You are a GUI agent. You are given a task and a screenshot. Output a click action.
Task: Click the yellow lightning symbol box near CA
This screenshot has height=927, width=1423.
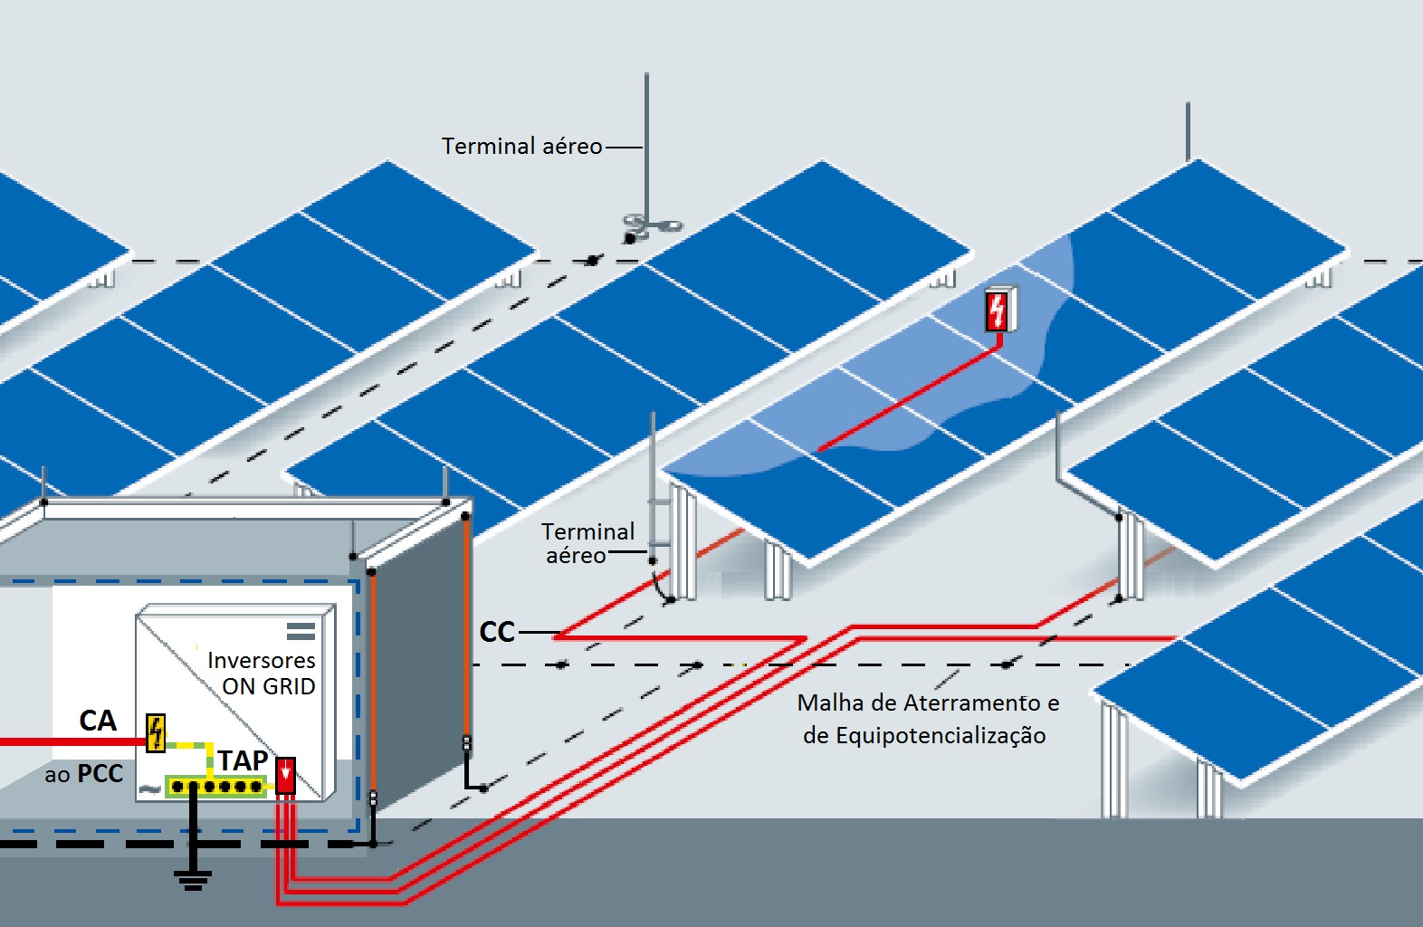[156, 732]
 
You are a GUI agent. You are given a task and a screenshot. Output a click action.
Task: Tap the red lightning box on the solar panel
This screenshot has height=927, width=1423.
[998, 310]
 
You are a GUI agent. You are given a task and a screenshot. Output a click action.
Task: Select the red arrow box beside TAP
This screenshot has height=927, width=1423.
[285, 776]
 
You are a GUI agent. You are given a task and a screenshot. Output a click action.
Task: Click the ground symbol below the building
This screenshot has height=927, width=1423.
[193, 878]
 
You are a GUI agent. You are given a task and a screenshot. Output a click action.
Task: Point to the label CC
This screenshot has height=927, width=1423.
[497, 632]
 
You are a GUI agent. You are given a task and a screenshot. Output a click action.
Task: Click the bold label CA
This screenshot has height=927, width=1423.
[98, 721]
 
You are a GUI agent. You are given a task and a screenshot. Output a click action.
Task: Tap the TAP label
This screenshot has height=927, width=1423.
[243, 760]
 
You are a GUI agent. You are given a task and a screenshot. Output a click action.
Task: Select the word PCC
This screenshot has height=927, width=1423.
[100, 774]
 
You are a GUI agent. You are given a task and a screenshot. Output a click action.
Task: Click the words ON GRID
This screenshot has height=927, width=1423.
[269, 686]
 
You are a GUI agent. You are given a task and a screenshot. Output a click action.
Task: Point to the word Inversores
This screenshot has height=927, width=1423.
[261, 660]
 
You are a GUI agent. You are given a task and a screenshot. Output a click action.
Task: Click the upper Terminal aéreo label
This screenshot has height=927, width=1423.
[521, 146]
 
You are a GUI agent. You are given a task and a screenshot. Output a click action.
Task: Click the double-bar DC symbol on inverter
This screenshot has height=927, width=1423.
[301, 630]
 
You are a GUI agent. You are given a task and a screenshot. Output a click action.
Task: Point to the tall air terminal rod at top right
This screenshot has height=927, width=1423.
[1188, 131]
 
